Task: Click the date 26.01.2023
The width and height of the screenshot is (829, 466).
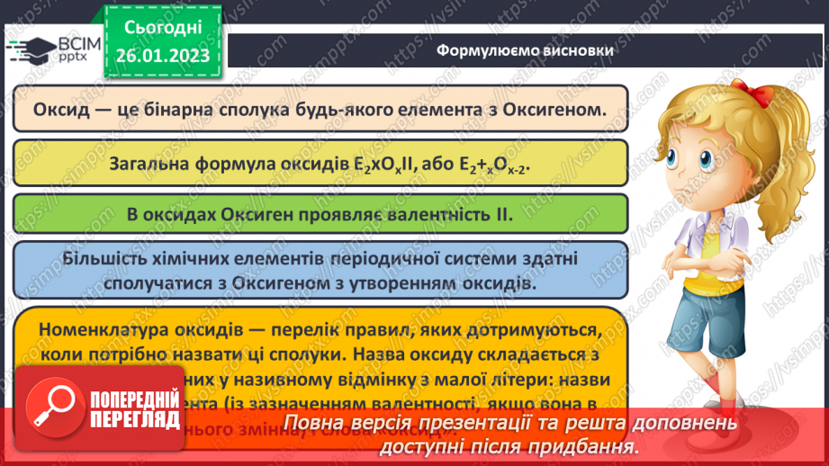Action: coord(162,55)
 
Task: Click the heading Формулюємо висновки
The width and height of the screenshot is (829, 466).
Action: coord(526,50)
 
